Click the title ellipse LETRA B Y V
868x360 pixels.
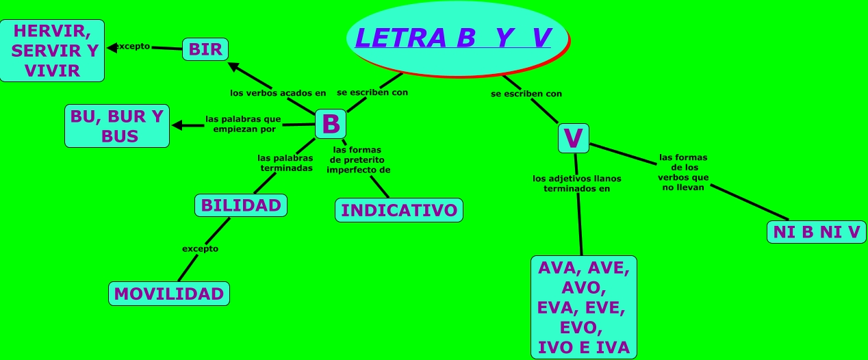click(x=457, y=39)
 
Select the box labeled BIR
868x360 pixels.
click(x=205, y=49)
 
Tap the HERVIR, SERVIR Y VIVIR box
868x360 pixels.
click(x=52, y=51)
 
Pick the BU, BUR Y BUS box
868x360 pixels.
click(x=117, y=126)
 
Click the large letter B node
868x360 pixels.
click(x=331, y=124)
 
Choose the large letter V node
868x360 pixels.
click(x=573, y=138)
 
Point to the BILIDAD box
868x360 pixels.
click(x=240, y=205)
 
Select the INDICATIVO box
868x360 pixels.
click(x=398, y=210)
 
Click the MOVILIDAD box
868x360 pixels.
click(x=169, y=294)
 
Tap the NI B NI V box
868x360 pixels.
click(x=816, y=232)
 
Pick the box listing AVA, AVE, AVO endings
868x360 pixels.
click(x=583, y=307)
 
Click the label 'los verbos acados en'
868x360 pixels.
click(x=278, y=92)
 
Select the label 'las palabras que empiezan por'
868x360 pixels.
click(x=243, y=123)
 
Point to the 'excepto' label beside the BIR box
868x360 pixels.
click(x=131, y=47)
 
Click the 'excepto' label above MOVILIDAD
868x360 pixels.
click(x=200, y=248)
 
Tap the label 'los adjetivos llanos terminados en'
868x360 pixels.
click(x=577, y=183)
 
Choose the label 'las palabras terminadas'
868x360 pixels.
click(x=285, y=163)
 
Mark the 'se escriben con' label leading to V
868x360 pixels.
click(x=526, y=94)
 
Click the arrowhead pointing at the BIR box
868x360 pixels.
click(x=233, y=66)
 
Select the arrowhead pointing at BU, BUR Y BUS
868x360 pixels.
click(x=177, y=125)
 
